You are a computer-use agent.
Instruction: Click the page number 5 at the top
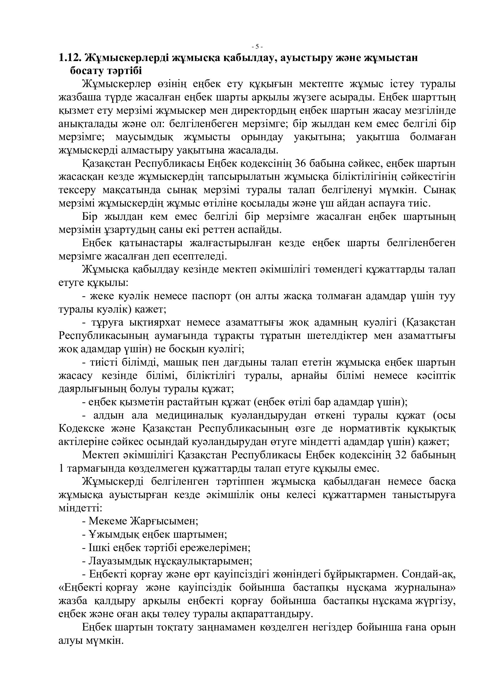[x=257, y=47]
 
